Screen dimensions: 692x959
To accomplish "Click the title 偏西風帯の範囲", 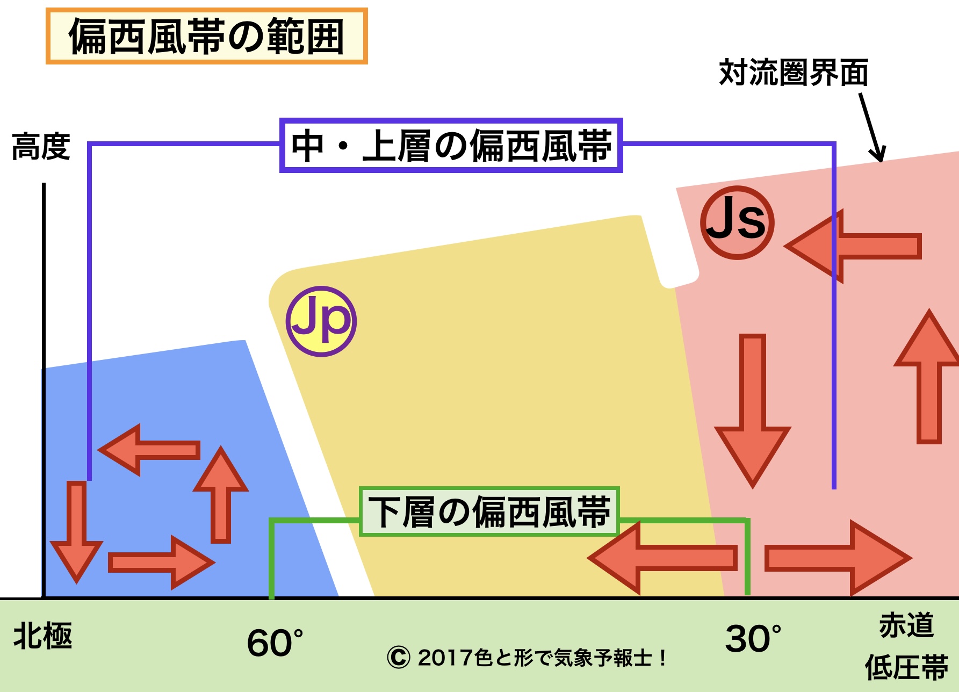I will tap(206, 37).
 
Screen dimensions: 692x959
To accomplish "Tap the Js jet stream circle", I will tap(737, 222).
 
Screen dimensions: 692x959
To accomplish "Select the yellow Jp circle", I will tap(321, 321).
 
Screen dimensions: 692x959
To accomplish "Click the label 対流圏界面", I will tap(794, 73).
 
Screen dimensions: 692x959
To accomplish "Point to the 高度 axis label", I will tap(41, 147).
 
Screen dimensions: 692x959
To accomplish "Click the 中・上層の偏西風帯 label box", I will tap(451, 145).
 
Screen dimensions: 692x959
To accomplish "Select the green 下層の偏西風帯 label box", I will tap(489, 511).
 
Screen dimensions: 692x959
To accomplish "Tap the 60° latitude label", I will tap(275, 642).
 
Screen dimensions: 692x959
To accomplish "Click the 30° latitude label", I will tap(753, 638).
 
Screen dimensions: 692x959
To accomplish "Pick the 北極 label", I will tap(42, 636).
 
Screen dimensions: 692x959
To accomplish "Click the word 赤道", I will tap(906, 625).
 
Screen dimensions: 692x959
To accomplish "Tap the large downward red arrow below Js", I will tap(752, 408).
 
